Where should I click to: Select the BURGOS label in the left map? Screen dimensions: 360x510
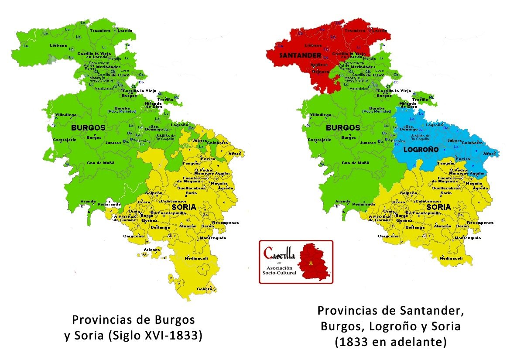click(89, 128)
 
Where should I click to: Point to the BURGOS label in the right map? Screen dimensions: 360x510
click(343, 128)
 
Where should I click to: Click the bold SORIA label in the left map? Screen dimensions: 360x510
click(183, 207)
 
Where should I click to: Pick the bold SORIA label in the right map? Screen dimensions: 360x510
click(438, 207)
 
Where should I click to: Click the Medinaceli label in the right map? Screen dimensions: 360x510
click(451, 258)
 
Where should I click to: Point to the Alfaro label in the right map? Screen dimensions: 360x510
click(489, 154)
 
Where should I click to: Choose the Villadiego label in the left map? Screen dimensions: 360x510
click(65, 115)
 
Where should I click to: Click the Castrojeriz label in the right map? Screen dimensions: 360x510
click(319, 140)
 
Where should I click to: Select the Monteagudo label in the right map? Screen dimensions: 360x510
click(468, 238)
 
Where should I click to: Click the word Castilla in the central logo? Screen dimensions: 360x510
click(280, 253)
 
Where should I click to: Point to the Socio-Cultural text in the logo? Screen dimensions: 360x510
click(280, 273)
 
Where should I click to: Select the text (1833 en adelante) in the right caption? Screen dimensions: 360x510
click(391, 342)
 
